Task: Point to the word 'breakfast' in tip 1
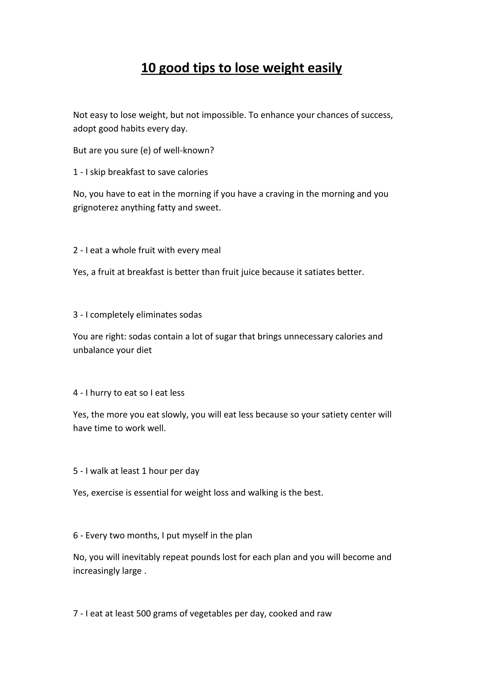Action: (x=126, y=172)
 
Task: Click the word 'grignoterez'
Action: (x=96, y=207)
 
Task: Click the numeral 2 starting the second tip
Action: (x=75, y=250)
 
